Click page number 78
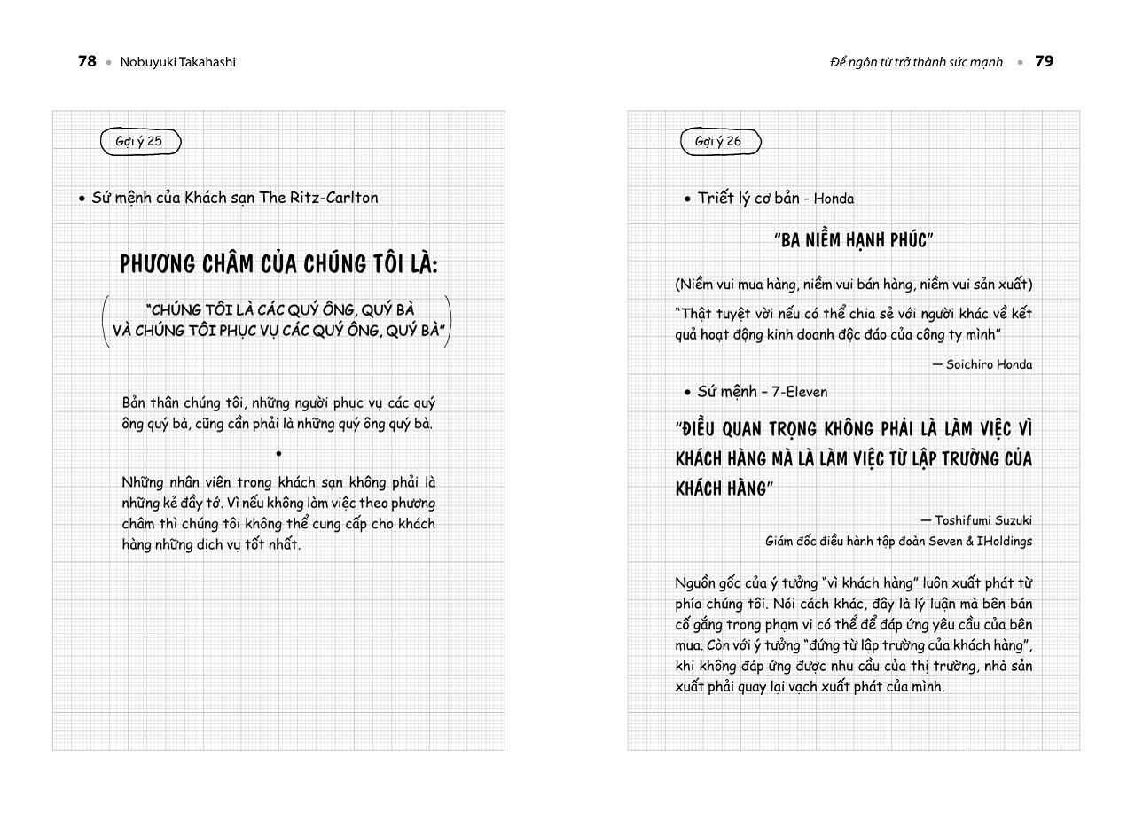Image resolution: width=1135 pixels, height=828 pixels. [87, 62]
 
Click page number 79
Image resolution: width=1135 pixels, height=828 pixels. [1045, 62]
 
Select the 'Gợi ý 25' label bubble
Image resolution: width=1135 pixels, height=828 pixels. [140, 141]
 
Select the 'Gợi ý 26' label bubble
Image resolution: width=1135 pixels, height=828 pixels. [719, 141]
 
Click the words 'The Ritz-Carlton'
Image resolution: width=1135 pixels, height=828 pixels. [318, 198]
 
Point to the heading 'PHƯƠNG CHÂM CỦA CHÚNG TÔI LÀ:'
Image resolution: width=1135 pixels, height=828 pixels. [278, 263]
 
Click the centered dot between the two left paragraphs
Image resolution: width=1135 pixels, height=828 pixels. [278, 453]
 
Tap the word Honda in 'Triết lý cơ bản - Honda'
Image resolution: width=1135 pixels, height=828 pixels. [834, 199]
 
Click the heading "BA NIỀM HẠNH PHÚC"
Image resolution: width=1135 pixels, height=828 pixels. [853, 240]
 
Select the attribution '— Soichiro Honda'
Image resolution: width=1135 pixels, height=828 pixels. [982, 364]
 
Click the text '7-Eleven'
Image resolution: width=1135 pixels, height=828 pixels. [799, 392]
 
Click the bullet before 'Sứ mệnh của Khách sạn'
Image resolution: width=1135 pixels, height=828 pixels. [82, 199]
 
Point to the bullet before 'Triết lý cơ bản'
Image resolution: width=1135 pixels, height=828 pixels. [687, 199]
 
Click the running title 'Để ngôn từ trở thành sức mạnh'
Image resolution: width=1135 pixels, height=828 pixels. [916, 62]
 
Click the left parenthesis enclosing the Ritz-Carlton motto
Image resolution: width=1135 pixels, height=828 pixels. [106, 320]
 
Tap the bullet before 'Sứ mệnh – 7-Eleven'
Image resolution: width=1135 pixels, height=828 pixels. [687, 393]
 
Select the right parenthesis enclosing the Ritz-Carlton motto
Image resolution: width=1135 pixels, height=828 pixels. [449, 320]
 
